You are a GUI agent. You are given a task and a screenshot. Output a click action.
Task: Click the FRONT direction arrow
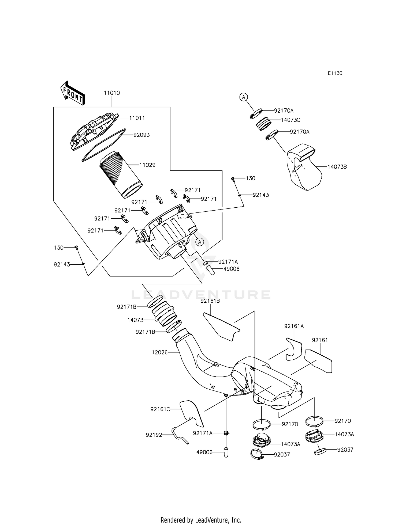pos(72,93)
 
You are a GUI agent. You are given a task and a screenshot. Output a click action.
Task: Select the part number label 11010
pos(112,93)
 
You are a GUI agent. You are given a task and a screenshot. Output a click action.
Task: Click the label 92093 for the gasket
pos(142,135)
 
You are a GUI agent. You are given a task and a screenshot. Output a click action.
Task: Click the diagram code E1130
pos(335,73)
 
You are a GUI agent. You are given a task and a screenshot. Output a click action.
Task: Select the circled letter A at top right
pos(243,97)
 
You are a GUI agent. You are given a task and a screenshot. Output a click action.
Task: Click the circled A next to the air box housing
pos(199,242)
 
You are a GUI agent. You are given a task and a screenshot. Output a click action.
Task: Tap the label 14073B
pos(337,167)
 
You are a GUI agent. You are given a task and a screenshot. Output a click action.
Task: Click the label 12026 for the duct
pos(159,352)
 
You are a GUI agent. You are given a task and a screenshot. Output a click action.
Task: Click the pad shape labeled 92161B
pos(221,327)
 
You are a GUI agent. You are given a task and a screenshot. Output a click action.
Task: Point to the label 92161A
pos(294,326)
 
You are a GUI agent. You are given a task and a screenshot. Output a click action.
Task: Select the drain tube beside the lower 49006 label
pos(226,452)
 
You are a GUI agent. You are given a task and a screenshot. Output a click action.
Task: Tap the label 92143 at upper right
pos(260,195)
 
